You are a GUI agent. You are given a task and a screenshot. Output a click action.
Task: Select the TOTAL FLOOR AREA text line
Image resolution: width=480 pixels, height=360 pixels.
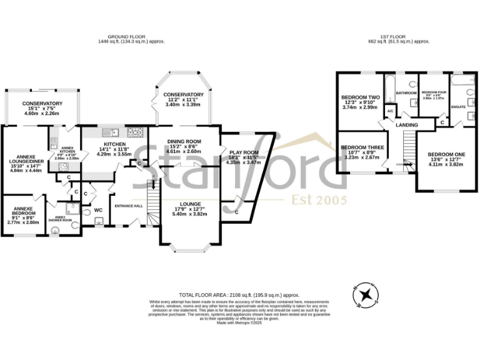point(239,294)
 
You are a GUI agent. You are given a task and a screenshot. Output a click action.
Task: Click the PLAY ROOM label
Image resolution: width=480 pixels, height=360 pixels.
point(244,152)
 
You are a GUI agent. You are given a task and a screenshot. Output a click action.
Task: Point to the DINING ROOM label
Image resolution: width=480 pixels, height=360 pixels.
point(184,142)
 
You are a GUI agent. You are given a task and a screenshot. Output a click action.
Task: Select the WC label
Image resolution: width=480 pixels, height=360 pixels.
point(98,210)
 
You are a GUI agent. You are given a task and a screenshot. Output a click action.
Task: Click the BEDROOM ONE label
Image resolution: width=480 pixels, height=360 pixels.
point(446,154)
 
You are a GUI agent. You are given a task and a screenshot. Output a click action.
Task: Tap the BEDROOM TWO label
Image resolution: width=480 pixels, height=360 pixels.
point(361,97)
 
